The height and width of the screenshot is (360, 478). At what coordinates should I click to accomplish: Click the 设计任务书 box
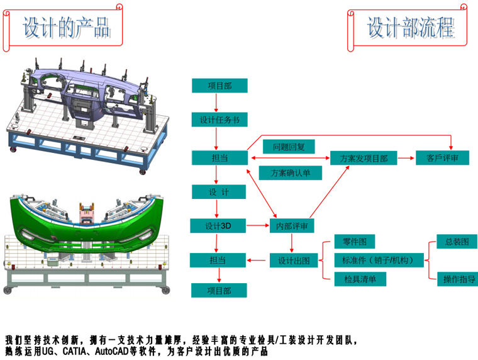point(219,120)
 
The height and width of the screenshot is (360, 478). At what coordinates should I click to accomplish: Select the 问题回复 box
point(289,147)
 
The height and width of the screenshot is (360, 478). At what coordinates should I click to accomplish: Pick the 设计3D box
point(219,225)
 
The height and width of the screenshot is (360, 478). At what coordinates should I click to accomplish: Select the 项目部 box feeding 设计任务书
point(219,86)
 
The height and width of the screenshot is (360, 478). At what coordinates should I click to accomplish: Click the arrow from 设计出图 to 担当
point(258,259)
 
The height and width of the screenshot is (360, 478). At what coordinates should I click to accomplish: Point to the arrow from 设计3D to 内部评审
point(258,225)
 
